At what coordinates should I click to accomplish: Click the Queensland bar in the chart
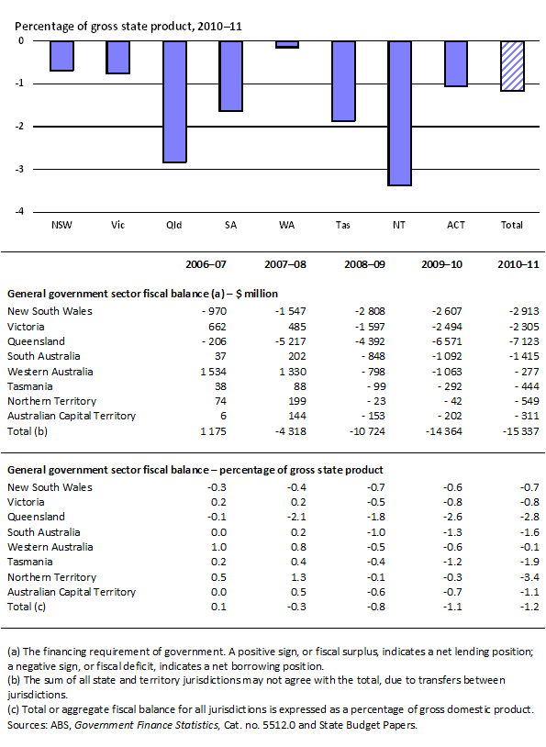point(175,102)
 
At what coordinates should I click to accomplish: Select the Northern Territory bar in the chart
point(399,113)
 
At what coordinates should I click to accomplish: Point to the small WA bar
point(287,44)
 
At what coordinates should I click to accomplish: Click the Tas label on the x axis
point(343,224)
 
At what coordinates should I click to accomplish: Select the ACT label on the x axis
point(456,224)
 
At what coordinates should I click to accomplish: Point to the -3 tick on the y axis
point(20,169)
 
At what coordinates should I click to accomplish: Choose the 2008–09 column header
point(369,264)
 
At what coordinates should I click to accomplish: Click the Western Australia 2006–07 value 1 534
point(210,372)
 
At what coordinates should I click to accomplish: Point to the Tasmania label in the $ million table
point(33,386)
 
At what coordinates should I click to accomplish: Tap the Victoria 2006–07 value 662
point(216,326)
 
